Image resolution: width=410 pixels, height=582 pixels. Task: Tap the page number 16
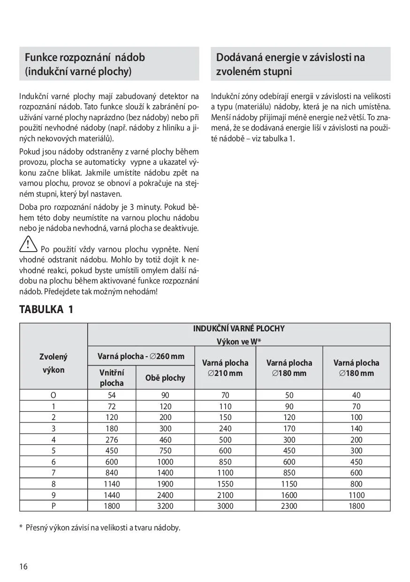tap(23, 566)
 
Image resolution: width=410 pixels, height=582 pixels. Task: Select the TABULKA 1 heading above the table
tap(46, 310)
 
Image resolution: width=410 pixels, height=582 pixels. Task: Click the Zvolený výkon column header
tap(53, 363)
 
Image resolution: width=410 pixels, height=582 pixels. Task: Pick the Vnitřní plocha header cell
tap(112, 377)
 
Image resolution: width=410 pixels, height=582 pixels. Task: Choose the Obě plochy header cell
tap(165, 377)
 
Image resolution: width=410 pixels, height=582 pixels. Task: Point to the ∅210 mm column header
tap(225, 368)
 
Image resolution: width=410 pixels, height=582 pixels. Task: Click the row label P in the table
tap(53, 506)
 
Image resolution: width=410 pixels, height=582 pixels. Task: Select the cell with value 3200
tap(165, 506)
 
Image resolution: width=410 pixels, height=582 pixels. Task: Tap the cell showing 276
tap(112, 440)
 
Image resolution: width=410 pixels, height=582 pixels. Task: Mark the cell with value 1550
tap(225, 484)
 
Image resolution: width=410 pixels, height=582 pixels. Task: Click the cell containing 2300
tap(289, 506)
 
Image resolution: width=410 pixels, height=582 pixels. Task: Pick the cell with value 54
tap(112, 395)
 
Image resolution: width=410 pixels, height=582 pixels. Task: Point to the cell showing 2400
tap(165, 495)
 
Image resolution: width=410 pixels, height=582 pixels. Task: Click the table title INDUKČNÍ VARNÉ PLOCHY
tap(239, 329)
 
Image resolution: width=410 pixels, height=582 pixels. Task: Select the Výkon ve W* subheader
tap(239, 341)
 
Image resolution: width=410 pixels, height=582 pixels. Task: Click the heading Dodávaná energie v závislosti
tap(290, 58)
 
